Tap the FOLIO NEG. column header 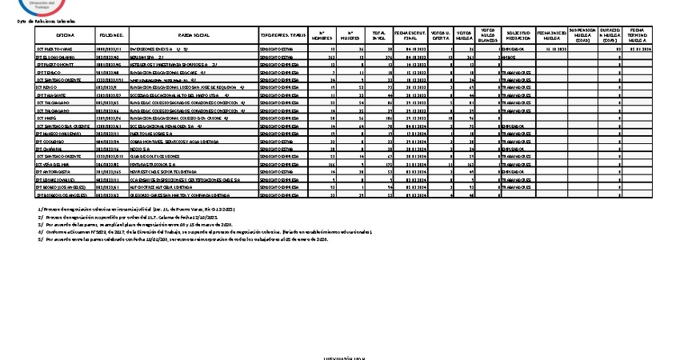[x=110, y=36]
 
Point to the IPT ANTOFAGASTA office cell [x=54, y=171]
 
